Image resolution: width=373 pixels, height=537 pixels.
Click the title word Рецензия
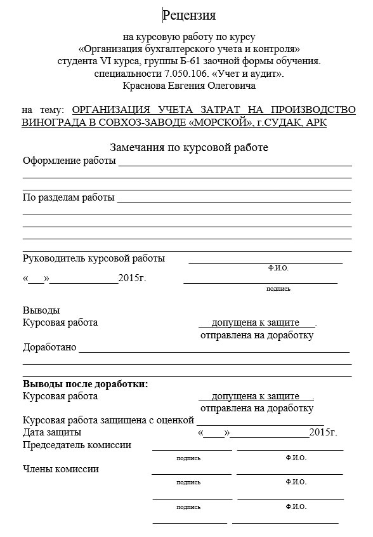pos(190,15)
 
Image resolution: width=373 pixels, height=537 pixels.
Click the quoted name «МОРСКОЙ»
pos(216,123)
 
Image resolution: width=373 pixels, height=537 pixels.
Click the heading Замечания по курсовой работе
pos(189,147)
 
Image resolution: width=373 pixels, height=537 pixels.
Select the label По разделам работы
pos(69,197)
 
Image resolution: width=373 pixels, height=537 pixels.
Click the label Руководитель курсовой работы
pos(94,258)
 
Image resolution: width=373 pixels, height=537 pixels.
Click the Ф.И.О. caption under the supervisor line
pos(278,268)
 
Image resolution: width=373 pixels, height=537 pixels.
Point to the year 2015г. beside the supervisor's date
pos(132,278)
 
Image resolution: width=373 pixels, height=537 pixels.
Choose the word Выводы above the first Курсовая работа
pos(41,310)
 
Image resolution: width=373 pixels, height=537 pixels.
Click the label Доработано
pos(49,347)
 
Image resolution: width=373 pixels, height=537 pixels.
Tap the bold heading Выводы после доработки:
pos(85,384)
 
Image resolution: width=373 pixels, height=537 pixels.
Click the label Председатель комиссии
pos(77,444)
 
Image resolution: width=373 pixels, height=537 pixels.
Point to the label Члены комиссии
pos(61,469)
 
